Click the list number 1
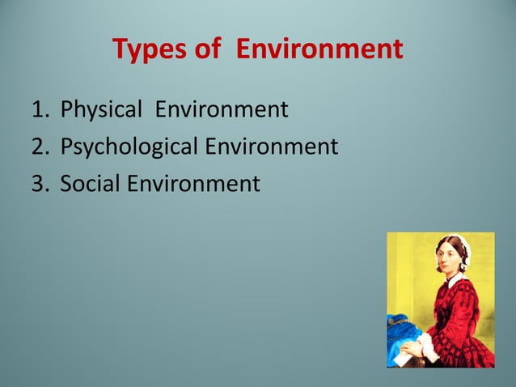point(38,108)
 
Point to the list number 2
point(38,147)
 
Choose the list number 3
point(38,185)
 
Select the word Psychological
point(129,147)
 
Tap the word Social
point(91,185)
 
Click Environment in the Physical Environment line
point(222,108)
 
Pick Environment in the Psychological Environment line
point(272,147)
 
